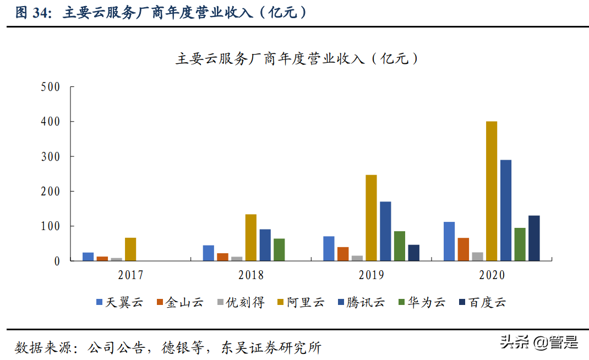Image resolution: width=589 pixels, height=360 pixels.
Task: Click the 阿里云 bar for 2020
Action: (492, 191)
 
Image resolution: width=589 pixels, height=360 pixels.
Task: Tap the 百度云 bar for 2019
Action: (413, 253)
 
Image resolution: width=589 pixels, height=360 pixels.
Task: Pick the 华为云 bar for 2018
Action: (279, 249)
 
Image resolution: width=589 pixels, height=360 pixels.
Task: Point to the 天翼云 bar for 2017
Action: (88, 257)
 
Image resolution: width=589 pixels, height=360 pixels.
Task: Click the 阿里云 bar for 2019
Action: (372, 217)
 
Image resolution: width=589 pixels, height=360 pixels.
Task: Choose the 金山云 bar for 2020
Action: (463, 249)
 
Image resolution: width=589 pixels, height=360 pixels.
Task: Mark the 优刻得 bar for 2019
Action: (357, 258)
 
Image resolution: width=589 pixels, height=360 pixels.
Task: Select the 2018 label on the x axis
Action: (251, 275)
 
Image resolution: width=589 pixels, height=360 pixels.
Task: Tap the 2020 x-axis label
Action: (492, 275)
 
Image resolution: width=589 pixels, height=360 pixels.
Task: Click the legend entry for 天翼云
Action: (119, 302)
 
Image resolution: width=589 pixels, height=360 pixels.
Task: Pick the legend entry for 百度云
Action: (482, 302)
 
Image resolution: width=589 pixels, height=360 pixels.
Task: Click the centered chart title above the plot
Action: (297, 58)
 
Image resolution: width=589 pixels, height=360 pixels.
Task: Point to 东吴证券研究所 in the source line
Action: (271, 347)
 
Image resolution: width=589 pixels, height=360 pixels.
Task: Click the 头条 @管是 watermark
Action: (539, 342)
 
